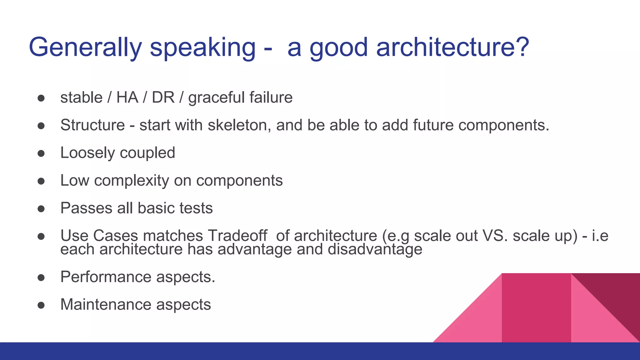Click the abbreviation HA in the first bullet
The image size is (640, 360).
(127, 97)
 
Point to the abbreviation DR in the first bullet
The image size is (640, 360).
(163, 97)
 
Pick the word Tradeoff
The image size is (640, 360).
(238, 236)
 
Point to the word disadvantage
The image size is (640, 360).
(375, 250)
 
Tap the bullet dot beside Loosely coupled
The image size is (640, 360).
(41, 153)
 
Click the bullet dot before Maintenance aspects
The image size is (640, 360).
(41, 305)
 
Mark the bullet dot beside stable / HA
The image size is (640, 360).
(41, 98)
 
